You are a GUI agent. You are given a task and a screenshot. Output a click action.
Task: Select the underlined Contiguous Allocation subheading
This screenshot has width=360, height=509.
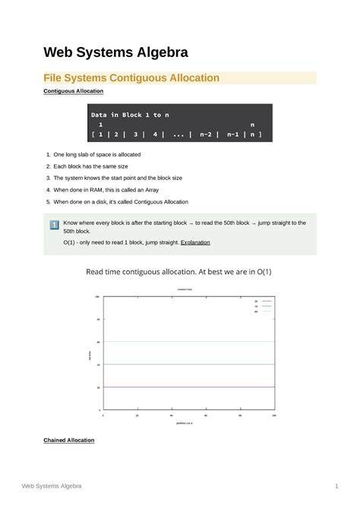point(74,91)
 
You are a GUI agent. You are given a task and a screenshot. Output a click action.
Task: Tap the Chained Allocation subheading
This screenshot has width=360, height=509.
point(69,440)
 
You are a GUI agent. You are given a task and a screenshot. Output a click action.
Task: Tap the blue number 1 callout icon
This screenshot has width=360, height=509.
point(54,225)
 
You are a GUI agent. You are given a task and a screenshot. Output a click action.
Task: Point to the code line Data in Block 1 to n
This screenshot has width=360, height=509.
point(130,115)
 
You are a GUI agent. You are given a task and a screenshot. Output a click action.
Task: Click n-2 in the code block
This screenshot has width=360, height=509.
point(205,135)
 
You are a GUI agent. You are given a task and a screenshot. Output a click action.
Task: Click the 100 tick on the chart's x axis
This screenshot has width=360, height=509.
point(273,416)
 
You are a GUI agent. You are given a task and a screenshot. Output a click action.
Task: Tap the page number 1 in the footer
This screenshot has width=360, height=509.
point(335,485)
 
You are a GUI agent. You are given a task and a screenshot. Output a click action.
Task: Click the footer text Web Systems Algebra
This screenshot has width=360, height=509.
point(52,485)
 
